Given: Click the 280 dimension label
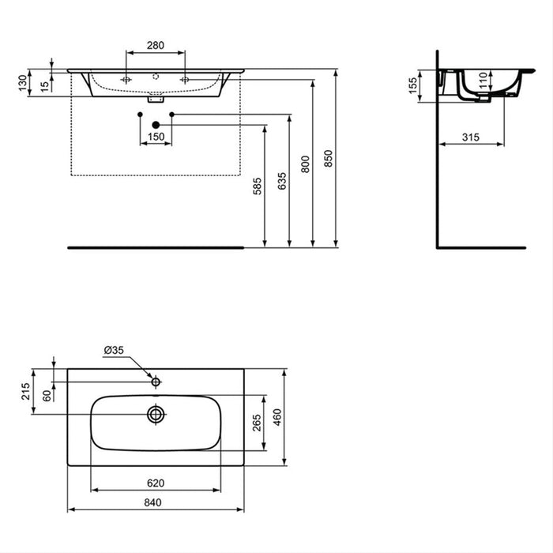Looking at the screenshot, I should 156,46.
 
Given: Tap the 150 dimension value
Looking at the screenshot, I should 156,137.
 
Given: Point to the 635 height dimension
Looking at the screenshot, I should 282,179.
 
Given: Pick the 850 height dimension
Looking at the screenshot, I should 329,160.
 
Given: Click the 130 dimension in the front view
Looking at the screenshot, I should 22,81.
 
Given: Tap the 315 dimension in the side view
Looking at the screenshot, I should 470,137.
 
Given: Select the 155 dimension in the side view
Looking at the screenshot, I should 413,85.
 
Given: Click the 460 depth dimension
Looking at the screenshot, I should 277,416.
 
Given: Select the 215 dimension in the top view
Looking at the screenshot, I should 25,391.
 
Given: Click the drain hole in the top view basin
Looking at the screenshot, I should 156,413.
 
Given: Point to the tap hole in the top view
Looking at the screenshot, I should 156,382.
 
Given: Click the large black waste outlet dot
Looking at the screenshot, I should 156,124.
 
